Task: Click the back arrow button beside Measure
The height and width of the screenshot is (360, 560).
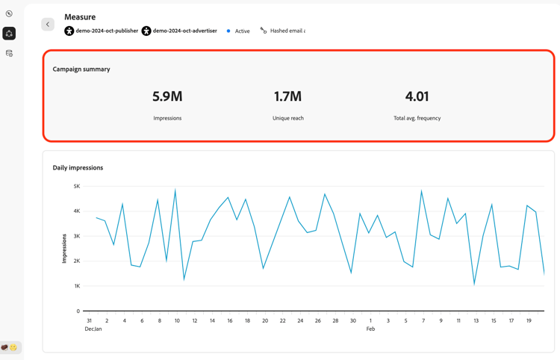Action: click(x=48, y=25)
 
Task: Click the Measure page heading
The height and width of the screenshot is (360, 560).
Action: click(x=80, y=16)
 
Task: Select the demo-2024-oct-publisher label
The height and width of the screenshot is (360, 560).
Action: click(x=107, y=31)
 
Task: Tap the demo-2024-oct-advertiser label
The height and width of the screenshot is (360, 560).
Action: click(x=184, y=31)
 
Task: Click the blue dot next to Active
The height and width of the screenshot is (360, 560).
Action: click(x=228, y=31)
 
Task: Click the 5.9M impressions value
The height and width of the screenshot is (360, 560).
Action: click(x=167, y=96)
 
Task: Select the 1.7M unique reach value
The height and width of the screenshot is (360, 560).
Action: click(x=287, y=96)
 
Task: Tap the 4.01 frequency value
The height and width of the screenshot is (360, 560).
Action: click(x=417, y=96)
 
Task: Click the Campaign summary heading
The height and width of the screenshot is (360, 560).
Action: click(x=81, y=69)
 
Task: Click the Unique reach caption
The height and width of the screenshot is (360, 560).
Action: click(x=287, y=118)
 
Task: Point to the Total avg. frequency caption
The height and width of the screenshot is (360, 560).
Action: click(x=417, y=118)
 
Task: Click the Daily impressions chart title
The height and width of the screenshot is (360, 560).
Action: click(x=78, y=167)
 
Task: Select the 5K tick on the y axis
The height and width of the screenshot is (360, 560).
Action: click(x=77, y=186)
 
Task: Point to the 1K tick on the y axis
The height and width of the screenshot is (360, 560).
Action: click(x=77, y=286)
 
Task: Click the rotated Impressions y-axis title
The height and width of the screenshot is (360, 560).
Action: click(x=64, y=248)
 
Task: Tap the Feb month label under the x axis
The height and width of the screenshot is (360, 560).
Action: click(x=370, y=329)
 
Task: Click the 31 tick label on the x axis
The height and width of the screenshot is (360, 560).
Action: click(x=89, y=320)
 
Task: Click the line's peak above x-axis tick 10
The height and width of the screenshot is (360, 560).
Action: click(x=175, y=190)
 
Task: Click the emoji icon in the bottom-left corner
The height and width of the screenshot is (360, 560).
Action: click(x=10, y=347)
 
